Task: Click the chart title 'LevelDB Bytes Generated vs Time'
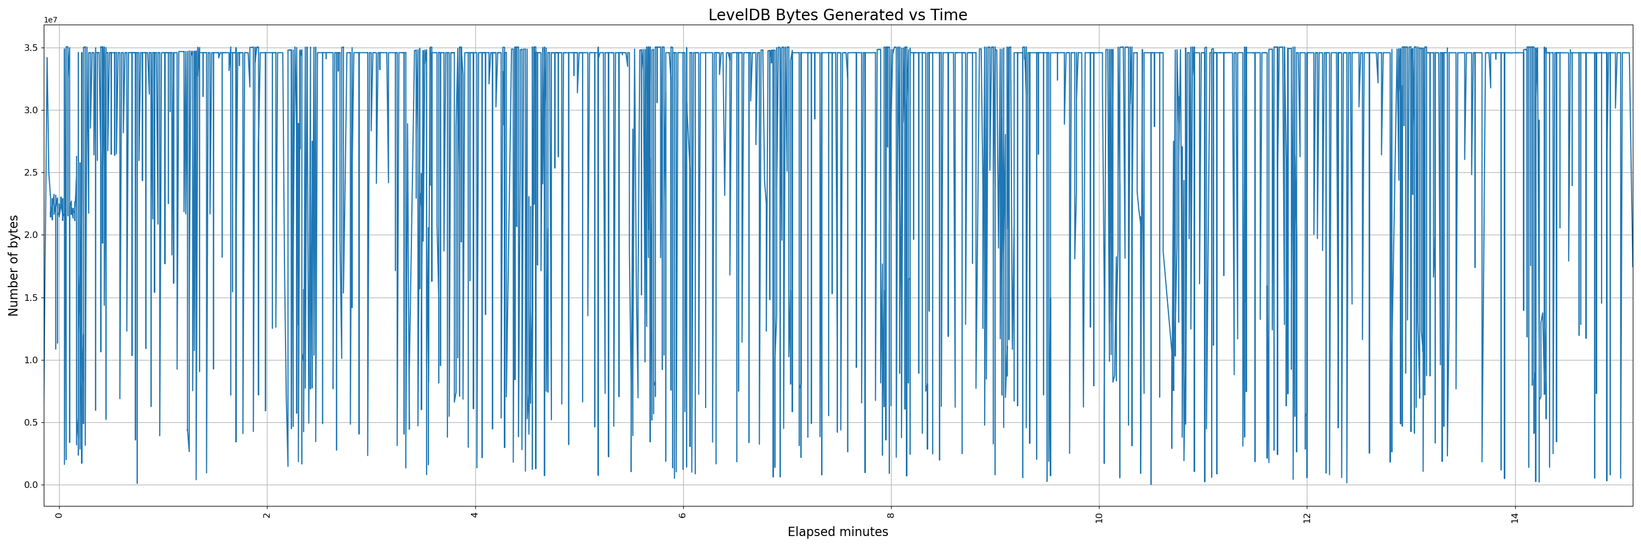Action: click(837, 15)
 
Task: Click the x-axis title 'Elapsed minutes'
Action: click(837, 532)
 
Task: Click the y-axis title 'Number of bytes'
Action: click(13, 265)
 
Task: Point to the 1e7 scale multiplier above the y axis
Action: click(50, 20)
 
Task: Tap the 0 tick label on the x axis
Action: click(59, 515)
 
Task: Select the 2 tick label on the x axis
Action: click(267, 515)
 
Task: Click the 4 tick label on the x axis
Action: click(475, 515)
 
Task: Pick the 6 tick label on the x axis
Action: click(683, 515)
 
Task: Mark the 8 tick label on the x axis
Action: click(891, 515)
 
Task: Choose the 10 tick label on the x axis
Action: click(1099, 516)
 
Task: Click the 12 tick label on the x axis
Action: click(1307, 516)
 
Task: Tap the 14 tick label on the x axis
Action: click(1515, 516)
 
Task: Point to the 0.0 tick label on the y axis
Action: click(31, 485)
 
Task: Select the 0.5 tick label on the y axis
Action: click(31, 422)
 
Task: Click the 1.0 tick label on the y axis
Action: click(31, 360)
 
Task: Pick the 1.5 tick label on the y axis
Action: click(31, 298)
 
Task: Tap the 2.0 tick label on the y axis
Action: click(31, 235)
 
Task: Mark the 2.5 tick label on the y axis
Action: click(31, 172)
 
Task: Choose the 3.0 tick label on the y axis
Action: click(31, 110)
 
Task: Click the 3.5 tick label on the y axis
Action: click(31, 48)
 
